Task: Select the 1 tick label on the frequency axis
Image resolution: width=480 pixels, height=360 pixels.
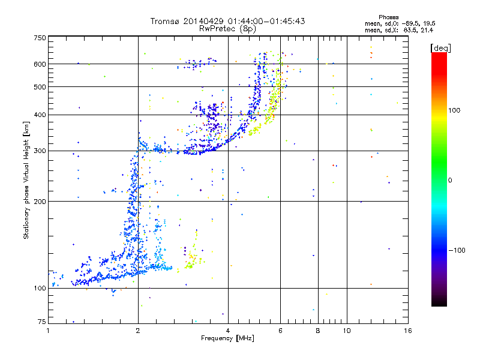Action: click(48, 331)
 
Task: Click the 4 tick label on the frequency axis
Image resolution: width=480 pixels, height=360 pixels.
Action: click(228, 331)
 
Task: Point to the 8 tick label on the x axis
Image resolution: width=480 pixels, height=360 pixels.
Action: click(318, 331)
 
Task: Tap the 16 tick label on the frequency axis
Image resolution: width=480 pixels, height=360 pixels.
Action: click(408, 331)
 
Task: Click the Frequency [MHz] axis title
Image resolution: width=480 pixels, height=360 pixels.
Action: click(228, 339)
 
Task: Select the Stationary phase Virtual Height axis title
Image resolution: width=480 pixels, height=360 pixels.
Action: click(26, 180)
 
